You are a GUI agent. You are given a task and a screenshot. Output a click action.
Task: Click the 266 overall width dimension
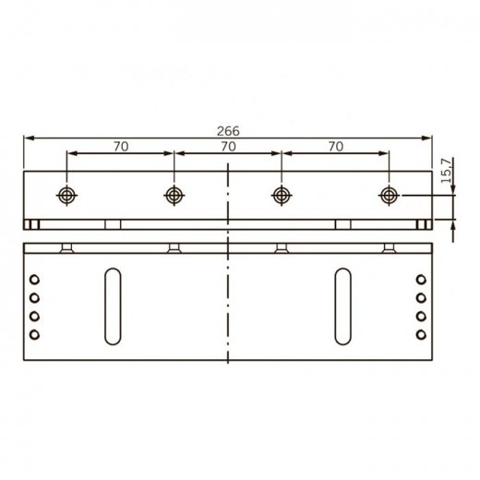[x=227, y=130]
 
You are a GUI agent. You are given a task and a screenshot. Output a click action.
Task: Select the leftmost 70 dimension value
[x=119, y=145]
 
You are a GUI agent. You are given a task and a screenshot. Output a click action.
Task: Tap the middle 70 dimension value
[x=227, y=145]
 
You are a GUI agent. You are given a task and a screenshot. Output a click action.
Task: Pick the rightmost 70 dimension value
[x=335, y=145]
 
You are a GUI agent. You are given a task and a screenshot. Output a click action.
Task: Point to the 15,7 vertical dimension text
[x=447, y=173]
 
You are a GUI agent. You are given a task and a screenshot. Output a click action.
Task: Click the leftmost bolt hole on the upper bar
[x=66, y=195]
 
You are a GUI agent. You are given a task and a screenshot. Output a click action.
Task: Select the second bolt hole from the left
[x=174, y=195]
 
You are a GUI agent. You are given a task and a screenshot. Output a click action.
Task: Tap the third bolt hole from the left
[x=282, y=195]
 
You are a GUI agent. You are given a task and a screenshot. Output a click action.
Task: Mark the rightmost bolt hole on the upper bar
[x=389, y=195]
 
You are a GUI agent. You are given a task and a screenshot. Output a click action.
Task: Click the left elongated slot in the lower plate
[x=112, y=306]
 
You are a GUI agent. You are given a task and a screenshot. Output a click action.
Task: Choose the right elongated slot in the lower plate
[x=342, y=306]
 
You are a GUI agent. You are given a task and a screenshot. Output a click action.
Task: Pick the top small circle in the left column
[x=34, y=279]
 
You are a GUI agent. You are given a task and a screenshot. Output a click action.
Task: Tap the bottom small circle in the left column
[x=34, y=334]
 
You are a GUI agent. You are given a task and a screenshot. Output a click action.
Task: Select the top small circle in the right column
[x=420, y=279]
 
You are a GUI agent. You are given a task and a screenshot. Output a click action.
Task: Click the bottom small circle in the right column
[x=420, y=334]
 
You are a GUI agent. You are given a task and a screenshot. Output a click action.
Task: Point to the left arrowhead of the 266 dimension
[x=29, y=138]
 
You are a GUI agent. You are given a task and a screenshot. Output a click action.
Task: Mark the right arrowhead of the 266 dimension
[x=427, y=138]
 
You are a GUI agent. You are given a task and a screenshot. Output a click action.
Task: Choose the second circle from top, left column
[x=34, y=297]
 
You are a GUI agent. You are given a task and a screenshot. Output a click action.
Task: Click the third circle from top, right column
[x=420, y=316]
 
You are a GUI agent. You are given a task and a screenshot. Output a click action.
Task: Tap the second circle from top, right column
[x=420, y=297]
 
